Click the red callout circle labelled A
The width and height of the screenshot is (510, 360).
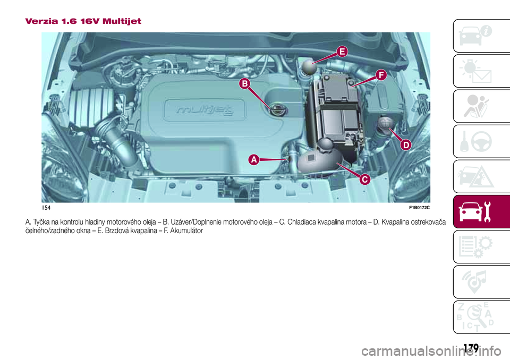pos(254,159)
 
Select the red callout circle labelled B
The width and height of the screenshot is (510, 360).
pos(244,83)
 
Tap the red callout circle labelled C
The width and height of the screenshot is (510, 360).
pos(364,179)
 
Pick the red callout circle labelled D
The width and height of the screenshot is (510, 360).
pos(405,144)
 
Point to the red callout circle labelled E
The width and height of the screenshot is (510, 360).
pos(342,51)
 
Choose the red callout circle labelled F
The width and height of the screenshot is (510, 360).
pos(381,75)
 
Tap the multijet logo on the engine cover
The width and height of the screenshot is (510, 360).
pos(211,110)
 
